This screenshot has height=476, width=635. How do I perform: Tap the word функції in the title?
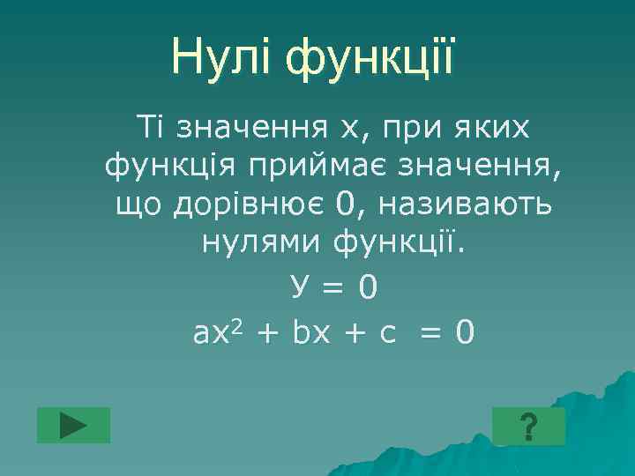(370, 57)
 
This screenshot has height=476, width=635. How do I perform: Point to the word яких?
(484, 129)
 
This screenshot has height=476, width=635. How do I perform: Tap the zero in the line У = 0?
(367, 285)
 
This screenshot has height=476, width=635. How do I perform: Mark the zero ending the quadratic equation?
(465, 333)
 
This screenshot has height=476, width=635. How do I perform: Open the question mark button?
(528, 427)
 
